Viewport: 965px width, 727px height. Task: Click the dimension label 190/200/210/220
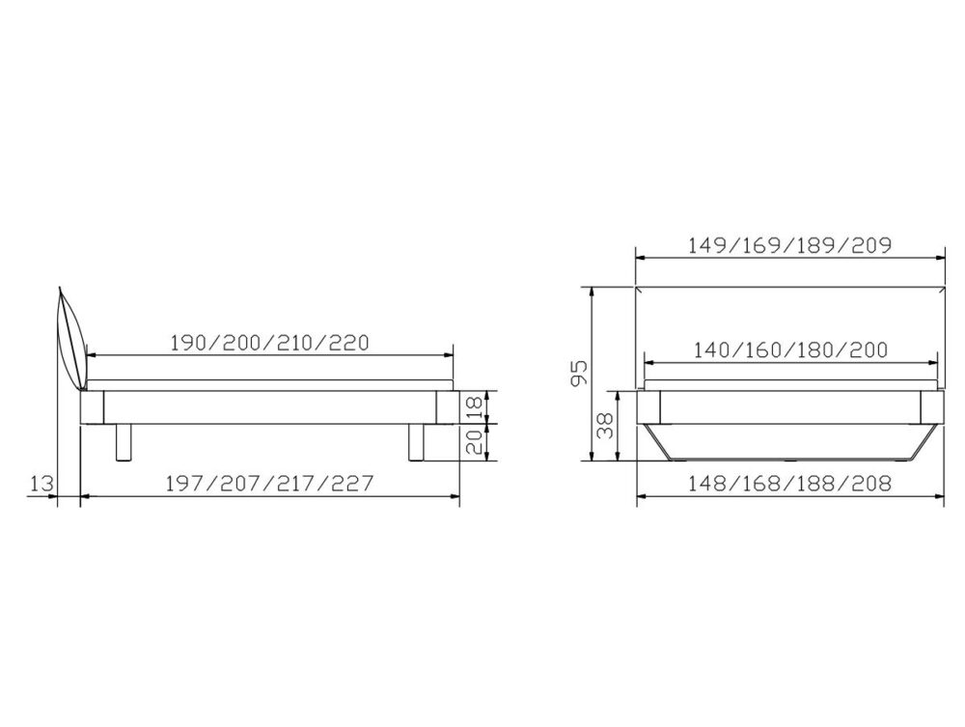[271, 342]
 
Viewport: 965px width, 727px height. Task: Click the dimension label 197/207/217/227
[271, 483]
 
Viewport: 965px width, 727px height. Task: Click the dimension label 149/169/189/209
[789, 244]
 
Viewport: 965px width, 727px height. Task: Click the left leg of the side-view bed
[123, 441]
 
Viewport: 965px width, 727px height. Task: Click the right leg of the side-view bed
[416, 441]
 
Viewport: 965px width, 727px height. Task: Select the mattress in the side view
[270, 371]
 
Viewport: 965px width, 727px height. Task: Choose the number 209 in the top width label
[868, 244]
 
